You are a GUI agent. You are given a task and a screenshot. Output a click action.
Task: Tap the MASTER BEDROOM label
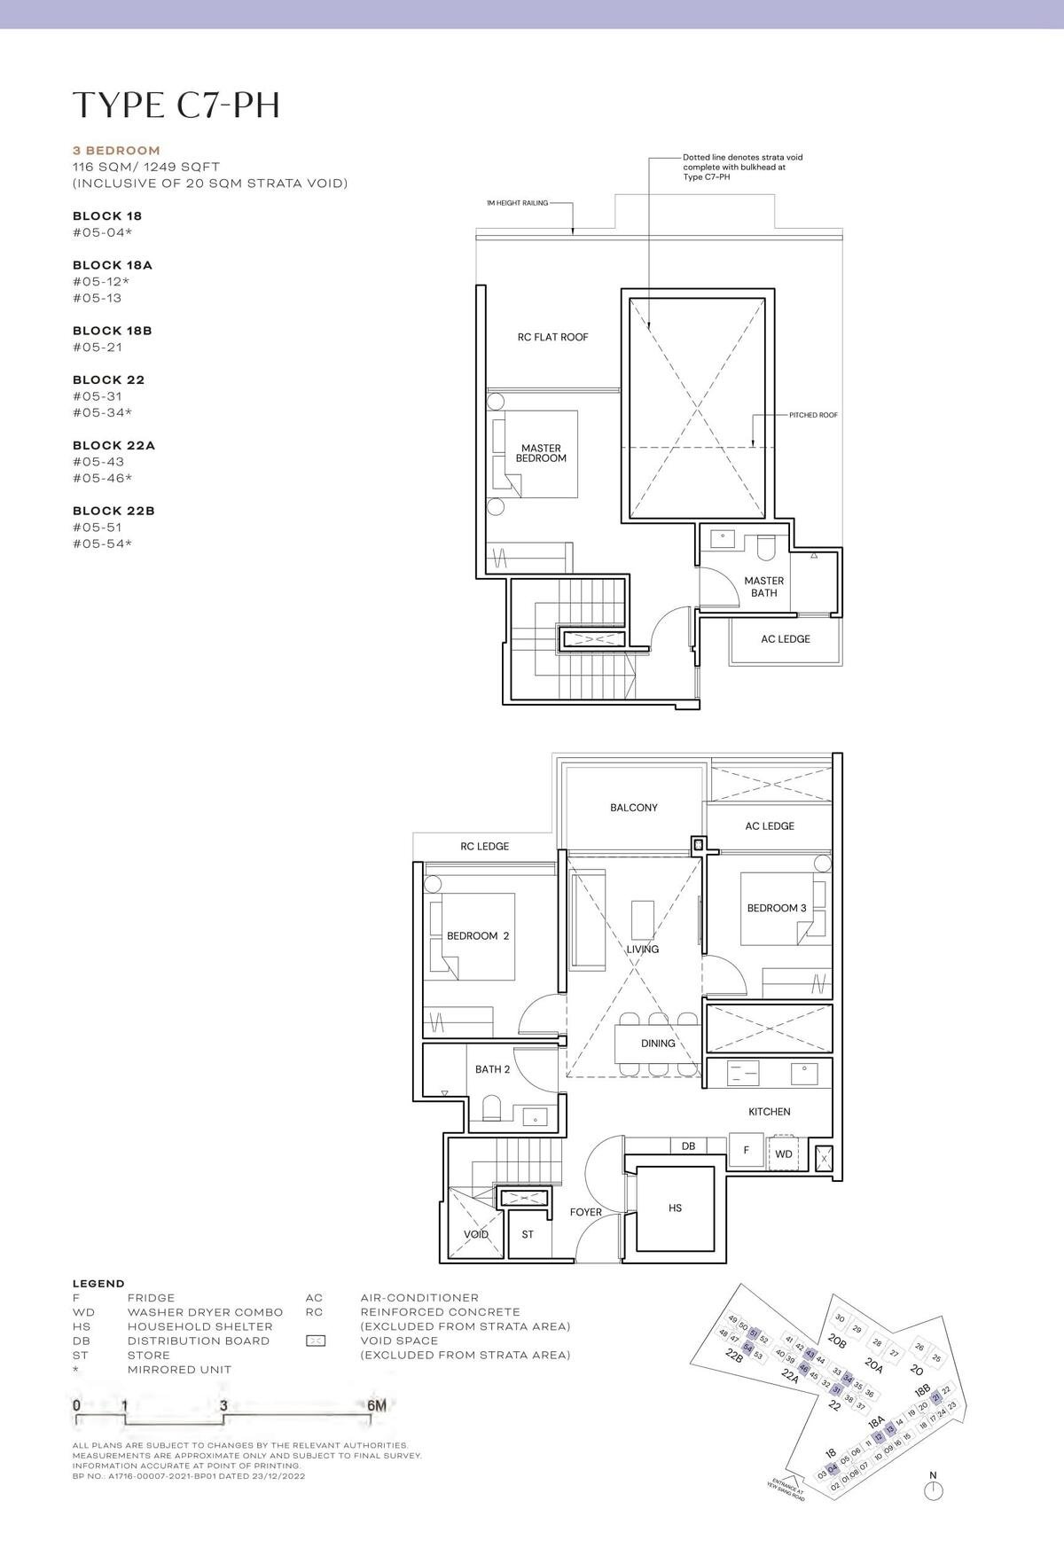[541, 453]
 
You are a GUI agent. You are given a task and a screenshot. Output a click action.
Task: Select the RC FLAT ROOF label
[552, 337]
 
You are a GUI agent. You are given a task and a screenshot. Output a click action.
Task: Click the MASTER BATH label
[763, 587]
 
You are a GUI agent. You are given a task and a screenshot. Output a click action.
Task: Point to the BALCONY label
[633, 808]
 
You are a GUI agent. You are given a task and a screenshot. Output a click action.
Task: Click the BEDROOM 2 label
[477, 935]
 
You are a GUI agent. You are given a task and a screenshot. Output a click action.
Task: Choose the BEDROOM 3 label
[776, 908]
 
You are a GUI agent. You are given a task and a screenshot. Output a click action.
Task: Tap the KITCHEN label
[769, 1111]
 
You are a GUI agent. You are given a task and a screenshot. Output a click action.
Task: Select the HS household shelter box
[675, 1208]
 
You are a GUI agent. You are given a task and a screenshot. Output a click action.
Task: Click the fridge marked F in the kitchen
[747, 1151]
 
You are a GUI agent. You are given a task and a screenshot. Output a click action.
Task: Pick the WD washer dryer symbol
[784, 1153]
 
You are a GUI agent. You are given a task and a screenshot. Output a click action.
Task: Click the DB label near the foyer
[688, 1146]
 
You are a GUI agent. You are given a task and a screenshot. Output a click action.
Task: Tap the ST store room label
[528, 1234]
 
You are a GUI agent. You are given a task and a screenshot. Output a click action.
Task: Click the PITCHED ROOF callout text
[813, 415]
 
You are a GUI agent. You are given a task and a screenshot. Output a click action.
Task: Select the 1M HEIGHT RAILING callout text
[517, 203]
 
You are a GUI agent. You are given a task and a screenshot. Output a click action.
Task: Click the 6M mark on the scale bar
[376, 1405]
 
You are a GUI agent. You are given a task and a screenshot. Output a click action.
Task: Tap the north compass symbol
[932, 1491]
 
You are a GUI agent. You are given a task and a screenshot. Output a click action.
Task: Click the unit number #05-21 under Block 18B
[97, 347]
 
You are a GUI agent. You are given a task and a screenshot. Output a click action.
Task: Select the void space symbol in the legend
[315, 1341]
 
